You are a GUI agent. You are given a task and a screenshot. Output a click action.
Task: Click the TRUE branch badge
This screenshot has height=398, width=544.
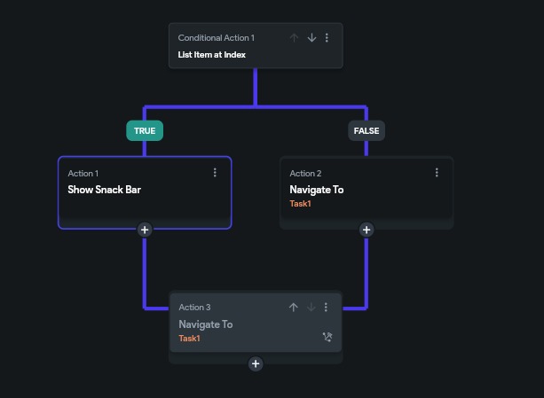(144, 130)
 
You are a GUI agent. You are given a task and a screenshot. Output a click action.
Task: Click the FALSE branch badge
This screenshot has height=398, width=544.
(366, 130)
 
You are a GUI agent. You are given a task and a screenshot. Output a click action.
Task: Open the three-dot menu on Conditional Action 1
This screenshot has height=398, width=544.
(327, 38)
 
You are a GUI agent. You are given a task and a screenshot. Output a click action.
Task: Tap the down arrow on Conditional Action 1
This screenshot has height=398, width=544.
(311, 38)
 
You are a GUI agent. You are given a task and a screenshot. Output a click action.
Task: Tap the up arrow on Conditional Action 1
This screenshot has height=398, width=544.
(295, 38)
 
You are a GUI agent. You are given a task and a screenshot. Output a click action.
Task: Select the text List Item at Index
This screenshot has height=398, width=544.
(212, 55)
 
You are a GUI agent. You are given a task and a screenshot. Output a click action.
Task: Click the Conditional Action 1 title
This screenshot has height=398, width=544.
(216, 38)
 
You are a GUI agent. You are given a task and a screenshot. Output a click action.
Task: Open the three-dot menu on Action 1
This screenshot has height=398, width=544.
(215, 173)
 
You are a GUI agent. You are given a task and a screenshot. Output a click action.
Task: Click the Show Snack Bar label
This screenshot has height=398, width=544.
(105, 190)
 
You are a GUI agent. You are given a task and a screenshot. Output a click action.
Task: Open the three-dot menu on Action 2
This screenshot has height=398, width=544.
(437, 173)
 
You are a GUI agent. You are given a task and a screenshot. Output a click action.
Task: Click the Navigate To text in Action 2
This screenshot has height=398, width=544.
(317, 190)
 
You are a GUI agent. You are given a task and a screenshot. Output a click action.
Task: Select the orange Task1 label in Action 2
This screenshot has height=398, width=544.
(300, 204)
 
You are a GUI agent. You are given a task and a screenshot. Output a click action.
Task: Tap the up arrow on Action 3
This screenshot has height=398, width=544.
(294, 308)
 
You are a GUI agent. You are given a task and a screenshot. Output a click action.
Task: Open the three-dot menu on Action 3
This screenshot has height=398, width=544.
(326, 308)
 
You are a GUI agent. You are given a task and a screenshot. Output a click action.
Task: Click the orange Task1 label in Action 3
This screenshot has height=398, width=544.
(189, 339)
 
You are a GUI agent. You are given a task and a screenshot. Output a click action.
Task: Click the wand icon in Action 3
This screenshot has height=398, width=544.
(327, 338)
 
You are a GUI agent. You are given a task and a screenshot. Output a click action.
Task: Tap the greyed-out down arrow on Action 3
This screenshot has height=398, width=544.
(311, 308)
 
